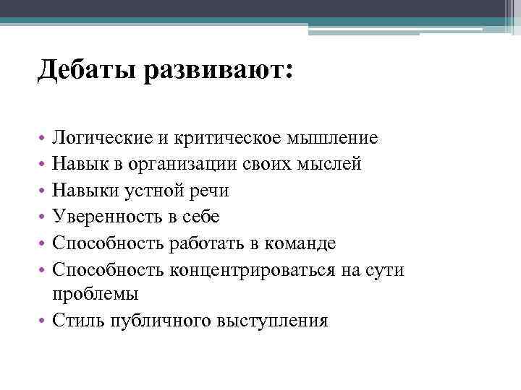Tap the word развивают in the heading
pyautogui.click(x=218, y=71)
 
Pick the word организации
pyautogui.click(x=187, y=164)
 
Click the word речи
pyautogui.click(x=209, y=191)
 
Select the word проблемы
pyautogui.click(x=96, y=295)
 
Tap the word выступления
pyautogui.click(x=272, y=321)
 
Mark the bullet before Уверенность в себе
pyautogui.click(x=43, y=217)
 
